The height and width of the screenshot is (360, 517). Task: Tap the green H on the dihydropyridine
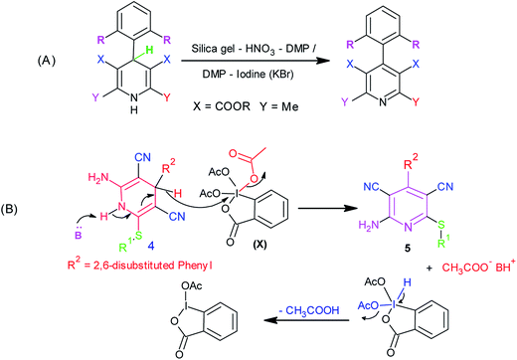[123, 57]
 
